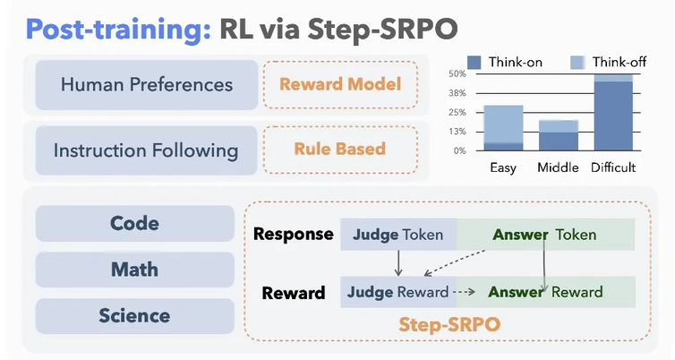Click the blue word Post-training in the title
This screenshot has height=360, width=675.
click(118, 30)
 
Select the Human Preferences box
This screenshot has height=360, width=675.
click(147, 84)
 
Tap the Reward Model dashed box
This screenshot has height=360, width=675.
click(340, 84)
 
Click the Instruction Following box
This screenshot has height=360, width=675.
click(146, 150)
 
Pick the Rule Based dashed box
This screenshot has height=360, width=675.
click(340, 150)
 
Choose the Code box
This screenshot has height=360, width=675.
click(135, 223)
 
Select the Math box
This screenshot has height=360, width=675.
click(135, 270)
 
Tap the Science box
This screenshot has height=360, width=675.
click(135, 315)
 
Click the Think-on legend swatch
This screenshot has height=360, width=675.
click(474, 63)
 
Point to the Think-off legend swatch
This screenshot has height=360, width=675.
click(577, 63)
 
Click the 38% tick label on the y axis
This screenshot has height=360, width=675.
click(457, 93)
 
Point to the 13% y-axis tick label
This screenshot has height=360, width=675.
click(457, 132)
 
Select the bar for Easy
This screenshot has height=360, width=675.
click(503, 128)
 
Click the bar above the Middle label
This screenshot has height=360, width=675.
click(559, 135)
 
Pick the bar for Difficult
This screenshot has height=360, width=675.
click(613, 113)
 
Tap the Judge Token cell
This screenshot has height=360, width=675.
click(398, 235)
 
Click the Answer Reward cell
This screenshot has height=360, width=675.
click(546, 292)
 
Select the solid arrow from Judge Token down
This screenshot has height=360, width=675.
click(398, 262)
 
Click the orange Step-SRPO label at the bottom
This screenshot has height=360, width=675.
click(449, 324)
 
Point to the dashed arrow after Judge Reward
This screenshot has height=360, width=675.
click(464, 292)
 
